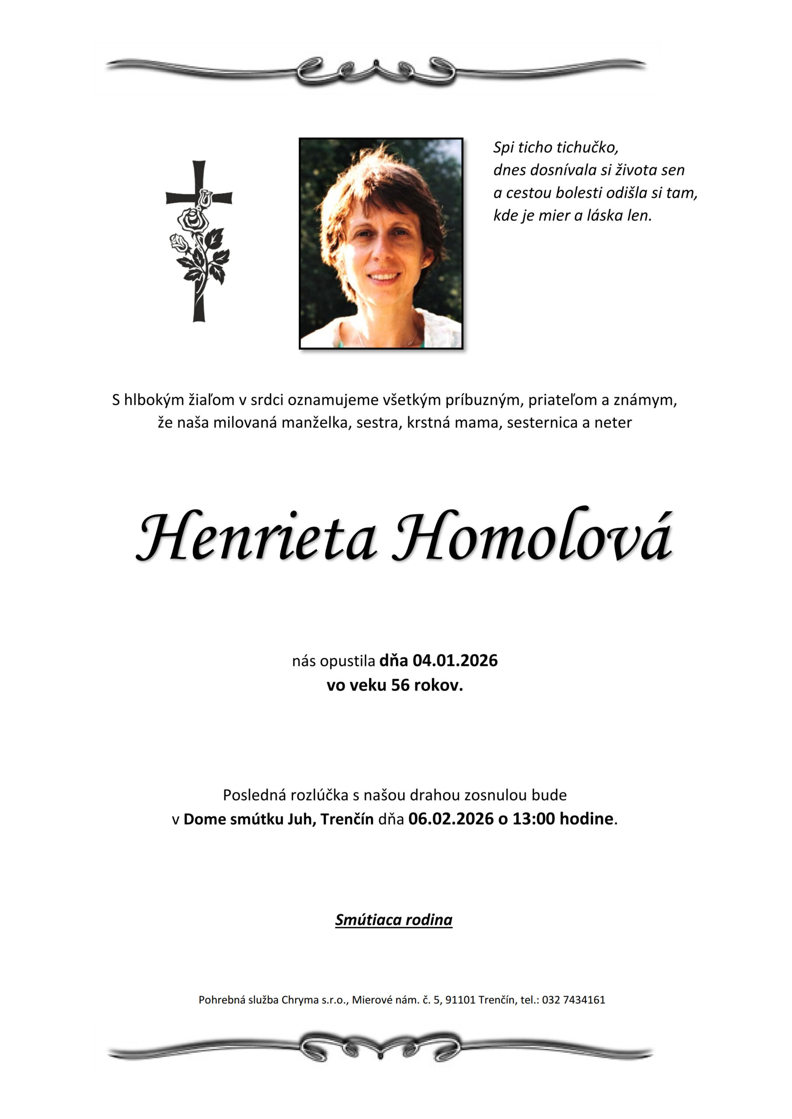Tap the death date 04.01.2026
point(455,660)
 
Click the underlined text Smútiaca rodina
point(394,920)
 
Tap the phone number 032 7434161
point(573,1000)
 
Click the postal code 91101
point(461,1000)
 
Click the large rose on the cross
point(192,220)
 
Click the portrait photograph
point(380,243)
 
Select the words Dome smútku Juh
point(251,818)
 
